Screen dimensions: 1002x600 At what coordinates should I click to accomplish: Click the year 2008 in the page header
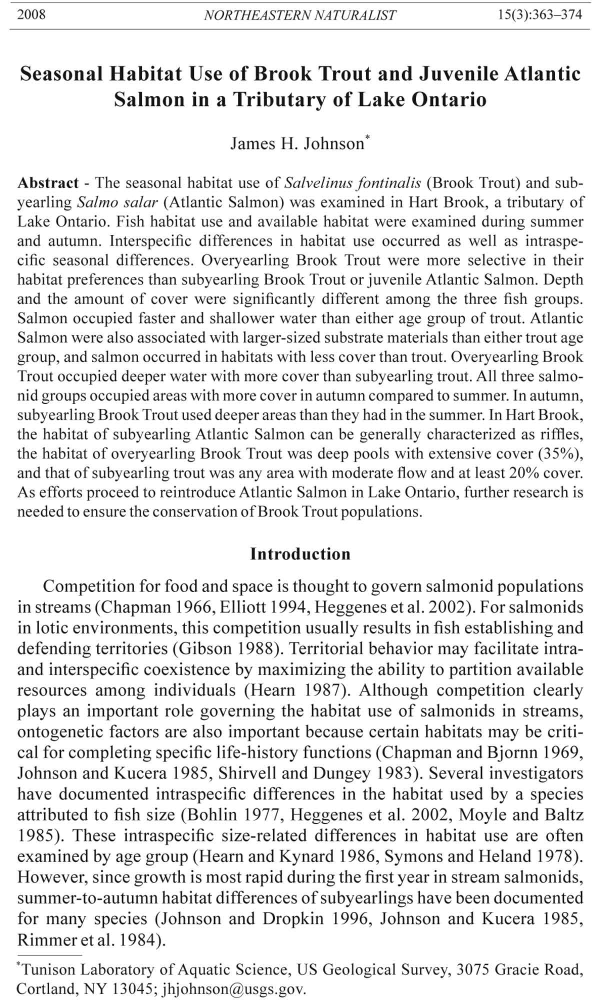tap(31, 14)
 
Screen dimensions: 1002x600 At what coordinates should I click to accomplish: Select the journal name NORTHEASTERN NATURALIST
tap(300, 15)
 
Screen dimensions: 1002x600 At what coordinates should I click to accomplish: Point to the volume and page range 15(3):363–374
tap(540, 14)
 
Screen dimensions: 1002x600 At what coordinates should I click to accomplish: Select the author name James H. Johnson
tap(297, 144)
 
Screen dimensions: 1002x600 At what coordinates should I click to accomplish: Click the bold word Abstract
tap(48, 183)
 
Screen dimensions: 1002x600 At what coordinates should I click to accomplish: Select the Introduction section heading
tap(300, 554)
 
